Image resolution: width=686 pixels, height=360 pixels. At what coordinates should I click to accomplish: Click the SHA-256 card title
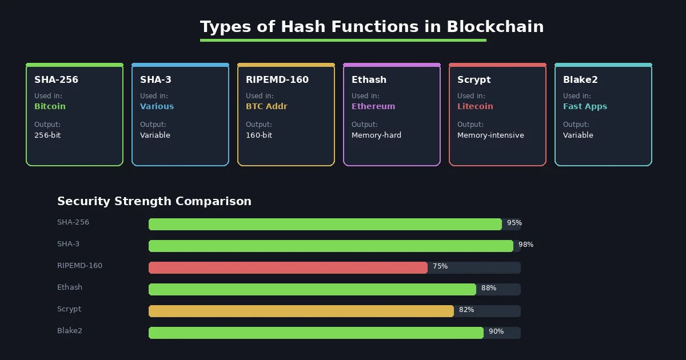point(56,80)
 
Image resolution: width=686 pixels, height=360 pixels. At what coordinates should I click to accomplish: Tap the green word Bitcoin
point(50,106)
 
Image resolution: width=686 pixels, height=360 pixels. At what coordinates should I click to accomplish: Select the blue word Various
point(157,106)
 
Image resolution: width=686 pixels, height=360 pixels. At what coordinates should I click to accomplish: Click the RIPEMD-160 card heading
point(277,80)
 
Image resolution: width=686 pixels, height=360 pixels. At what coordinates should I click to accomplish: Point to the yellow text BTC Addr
point(266,106)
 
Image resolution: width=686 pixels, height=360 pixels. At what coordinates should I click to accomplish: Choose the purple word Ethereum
point(373,106)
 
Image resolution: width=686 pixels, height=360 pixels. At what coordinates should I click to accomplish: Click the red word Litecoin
point(474,106)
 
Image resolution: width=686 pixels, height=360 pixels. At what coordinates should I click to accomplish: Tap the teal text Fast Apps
point(585,106)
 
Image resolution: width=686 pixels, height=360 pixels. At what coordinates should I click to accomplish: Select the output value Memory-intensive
point(490,135)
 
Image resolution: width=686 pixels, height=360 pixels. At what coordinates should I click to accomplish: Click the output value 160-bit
point(259,135)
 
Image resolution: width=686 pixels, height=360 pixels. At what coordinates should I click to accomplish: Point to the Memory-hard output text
point(376,135)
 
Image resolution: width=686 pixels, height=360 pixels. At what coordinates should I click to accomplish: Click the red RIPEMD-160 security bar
point(288,267)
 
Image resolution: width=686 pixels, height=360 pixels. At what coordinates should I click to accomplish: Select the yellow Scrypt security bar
point(301,311)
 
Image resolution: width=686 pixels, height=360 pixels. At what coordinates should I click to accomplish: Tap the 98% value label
point(526,245)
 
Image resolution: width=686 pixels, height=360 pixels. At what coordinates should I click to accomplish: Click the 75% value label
point(440,266)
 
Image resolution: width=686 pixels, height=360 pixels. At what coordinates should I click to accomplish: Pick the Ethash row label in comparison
point(70,287)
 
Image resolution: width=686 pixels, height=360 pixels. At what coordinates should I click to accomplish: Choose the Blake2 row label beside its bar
point(70,331)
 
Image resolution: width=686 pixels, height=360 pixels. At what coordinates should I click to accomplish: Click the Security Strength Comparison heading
point(154,201)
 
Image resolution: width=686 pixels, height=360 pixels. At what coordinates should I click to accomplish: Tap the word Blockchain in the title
point(495,27)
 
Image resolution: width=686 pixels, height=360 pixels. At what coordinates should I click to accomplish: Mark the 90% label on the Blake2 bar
point(496,331)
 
